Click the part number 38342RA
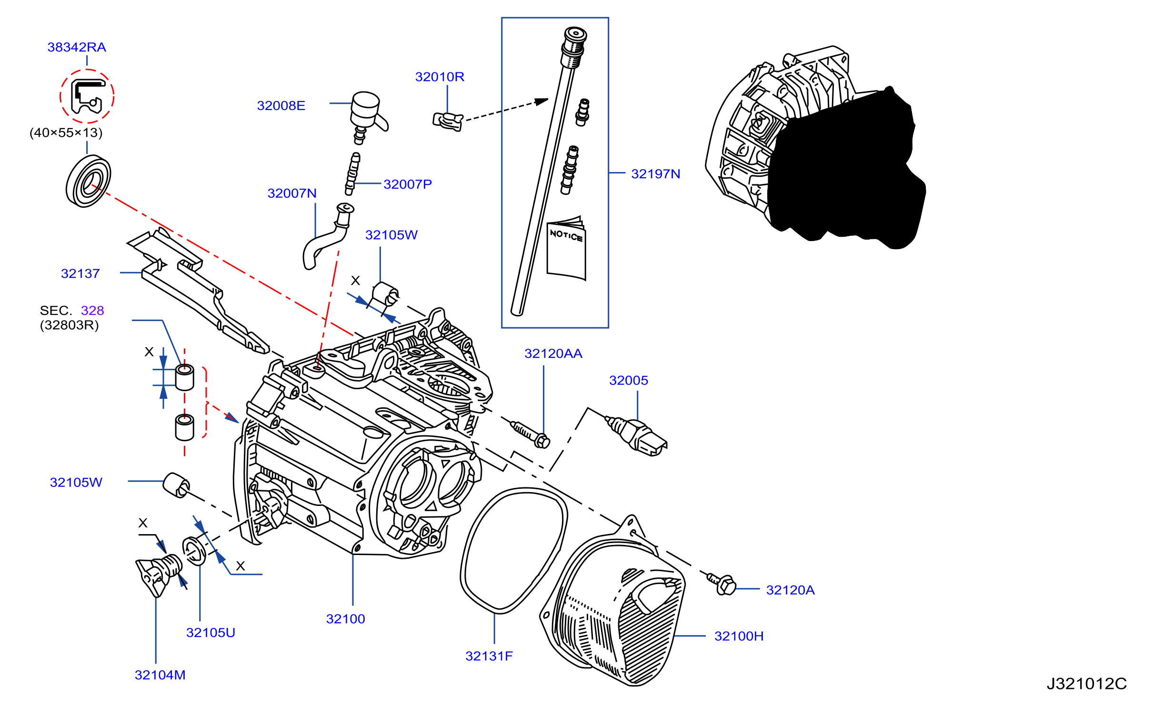click(77, 47)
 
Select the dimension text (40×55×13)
click(66, 132)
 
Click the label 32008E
click(281, 106)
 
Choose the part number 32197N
click(655, 174)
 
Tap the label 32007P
click(408, 184)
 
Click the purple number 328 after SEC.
click(92, 311)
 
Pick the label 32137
click(80, 273)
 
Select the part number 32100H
click(739, 636)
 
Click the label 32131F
click(489, 656)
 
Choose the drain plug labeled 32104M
click(159, 575)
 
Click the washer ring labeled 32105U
click(194, 551)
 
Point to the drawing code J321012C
click(1087, 684)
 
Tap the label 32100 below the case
click(346, 619)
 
